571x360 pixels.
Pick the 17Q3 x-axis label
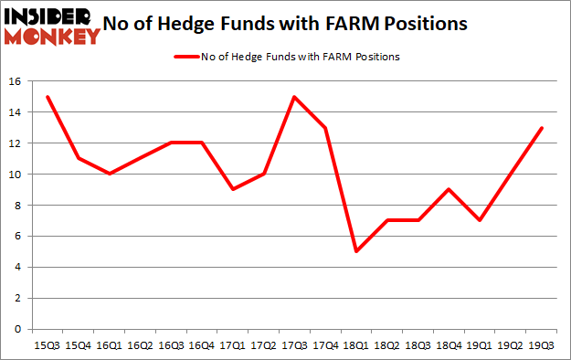click(294, 345)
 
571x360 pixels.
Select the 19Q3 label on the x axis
click(541, 345)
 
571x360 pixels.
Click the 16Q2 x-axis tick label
click(140, 345)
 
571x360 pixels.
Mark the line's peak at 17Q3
click(294, 97)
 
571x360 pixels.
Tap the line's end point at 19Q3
click(541, 128)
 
